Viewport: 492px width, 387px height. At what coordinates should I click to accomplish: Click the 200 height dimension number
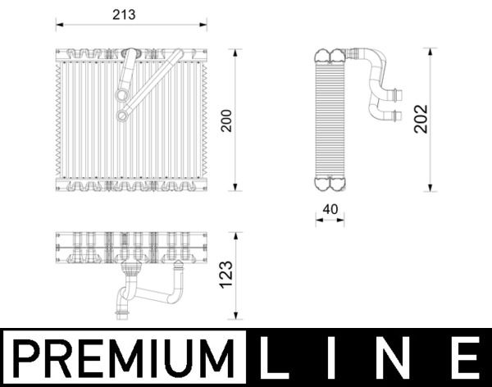(225, 121)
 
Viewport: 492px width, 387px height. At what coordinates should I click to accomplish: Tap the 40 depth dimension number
(330, 208)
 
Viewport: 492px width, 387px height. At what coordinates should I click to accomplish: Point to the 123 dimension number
(227, 276)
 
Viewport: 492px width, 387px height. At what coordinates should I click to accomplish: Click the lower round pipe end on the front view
(121, 116)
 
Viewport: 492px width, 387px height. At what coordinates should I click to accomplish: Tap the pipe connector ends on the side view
(396, 104)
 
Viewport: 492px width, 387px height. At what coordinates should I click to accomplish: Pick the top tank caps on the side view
(330, 57)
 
